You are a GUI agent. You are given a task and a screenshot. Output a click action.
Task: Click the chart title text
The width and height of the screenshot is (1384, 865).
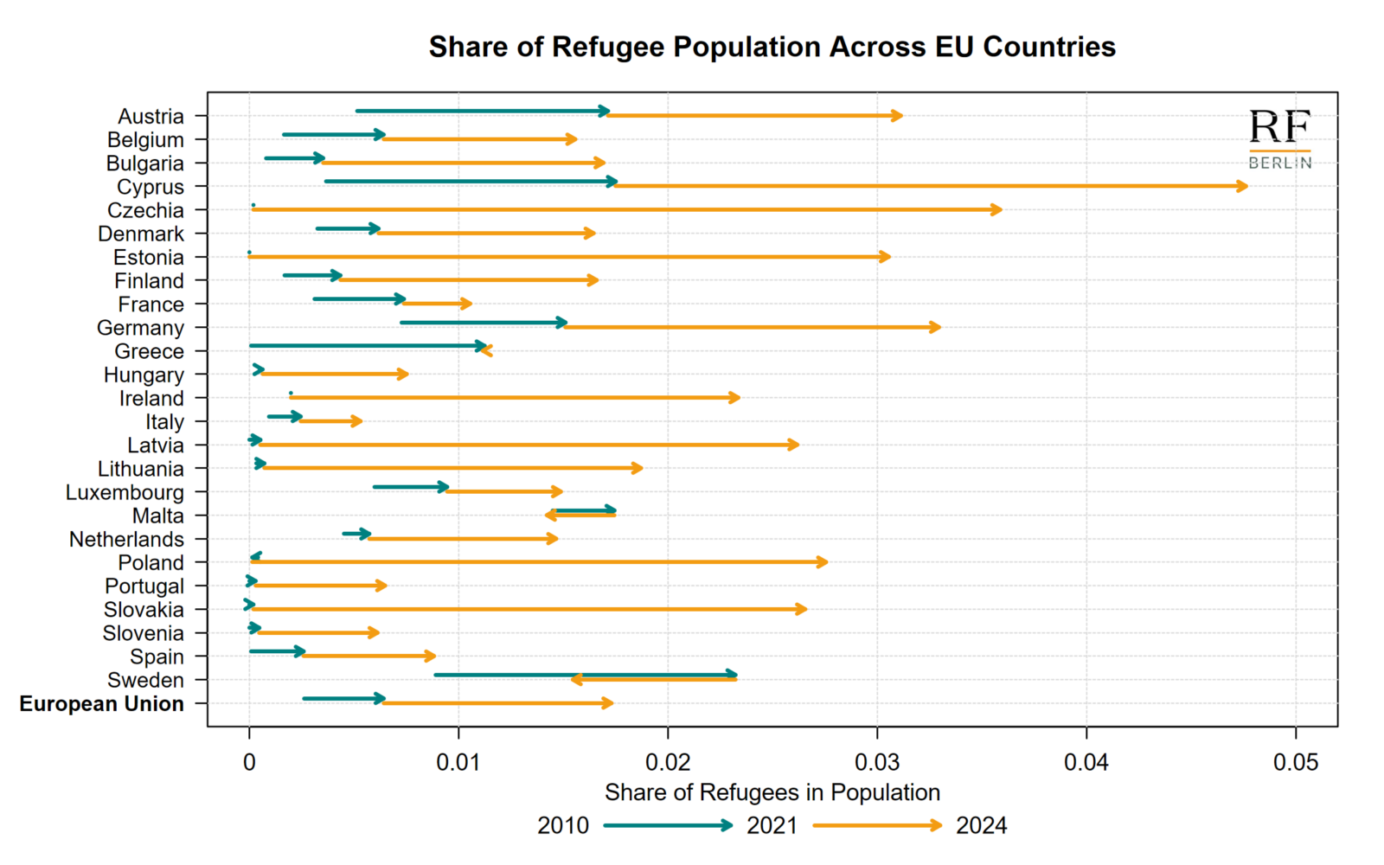click(772, 47)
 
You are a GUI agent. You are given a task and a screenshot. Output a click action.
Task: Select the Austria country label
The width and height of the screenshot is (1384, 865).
click(151, 117)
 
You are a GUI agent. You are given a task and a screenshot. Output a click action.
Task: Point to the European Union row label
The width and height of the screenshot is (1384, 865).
click(101, 704)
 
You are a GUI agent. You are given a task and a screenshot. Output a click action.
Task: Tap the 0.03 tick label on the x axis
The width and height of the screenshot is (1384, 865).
click(877, 763)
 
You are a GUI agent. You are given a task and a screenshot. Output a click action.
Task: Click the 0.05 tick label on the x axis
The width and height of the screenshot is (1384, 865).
click(1295, 763)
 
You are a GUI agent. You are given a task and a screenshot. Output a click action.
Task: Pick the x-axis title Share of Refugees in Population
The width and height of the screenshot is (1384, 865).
click(772, 792)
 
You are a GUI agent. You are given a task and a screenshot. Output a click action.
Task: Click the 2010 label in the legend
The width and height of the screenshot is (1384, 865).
click(562, 826)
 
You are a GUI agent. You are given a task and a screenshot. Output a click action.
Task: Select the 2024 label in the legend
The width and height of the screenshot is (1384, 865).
click(981, 826)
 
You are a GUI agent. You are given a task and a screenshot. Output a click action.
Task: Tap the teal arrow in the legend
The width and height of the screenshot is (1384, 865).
click(667, 826)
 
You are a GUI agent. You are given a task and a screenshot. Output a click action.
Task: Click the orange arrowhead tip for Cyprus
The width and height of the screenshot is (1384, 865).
click(1246, 187)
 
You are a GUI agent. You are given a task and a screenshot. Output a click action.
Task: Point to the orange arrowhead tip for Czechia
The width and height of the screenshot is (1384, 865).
click(1000, 210)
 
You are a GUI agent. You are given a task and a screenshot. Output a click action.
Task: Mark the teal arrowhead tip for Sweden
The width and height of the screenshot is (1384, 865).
click(735, 675)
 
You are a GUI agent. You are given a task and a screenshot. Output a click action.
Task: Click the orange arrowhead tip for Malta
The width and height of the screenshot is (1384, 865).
click(548, 516)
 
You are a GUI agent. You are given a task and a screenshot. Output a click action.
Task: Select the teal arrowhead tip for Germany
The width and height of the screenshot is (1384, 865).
click(565, 323)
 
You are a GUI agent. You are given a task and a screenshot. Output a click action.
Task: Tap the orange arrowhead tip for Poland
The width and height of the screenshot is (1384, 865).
click(826, 562)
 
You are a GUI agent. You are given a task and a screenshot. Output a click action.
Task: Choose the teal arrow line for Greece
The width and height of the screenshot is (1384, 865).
click(363, 346)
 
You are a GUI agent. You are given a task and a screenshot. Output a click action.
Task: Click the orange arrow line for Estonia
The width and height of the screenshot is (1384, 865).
click(562, 257)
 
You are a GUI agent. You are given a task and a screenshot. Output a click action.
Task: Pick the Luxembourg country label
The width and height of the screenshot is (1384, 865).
click(125, 493)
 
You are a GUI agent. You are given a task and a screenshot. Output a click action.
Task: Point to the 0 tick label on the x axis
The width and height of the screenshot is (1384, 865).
click(249, 763)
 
